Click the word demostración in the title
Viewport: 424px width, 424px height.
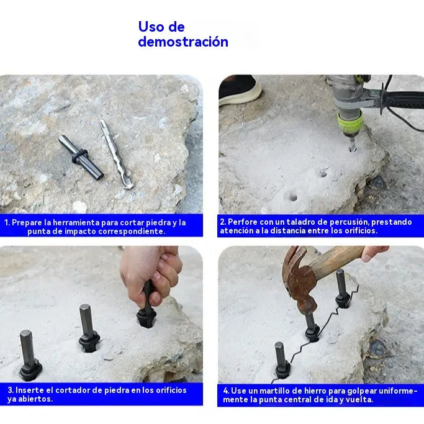(183, 42)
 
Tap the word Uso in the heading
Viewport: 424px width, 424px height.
(151, 27)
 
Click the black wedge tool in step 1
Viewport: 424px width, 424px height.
(81, 157)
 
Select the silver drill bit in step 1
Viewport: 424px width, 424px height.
(116, 154)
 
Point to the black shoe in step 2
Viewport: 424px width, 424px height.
(239, 89)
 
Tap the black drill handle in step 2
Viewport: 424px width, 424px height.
(404, 99)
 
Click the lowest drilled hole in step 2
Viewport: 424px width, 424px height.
(293, 197)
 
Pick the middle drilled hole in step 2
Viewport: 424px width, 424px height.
(323, 173)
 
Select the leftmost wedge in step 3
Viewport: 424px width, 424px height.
(30, 356)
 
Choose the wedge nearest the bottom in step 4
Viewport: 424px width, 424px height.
(282, 360)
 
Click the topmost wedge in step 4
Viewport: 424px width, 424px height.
(342, 289)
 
